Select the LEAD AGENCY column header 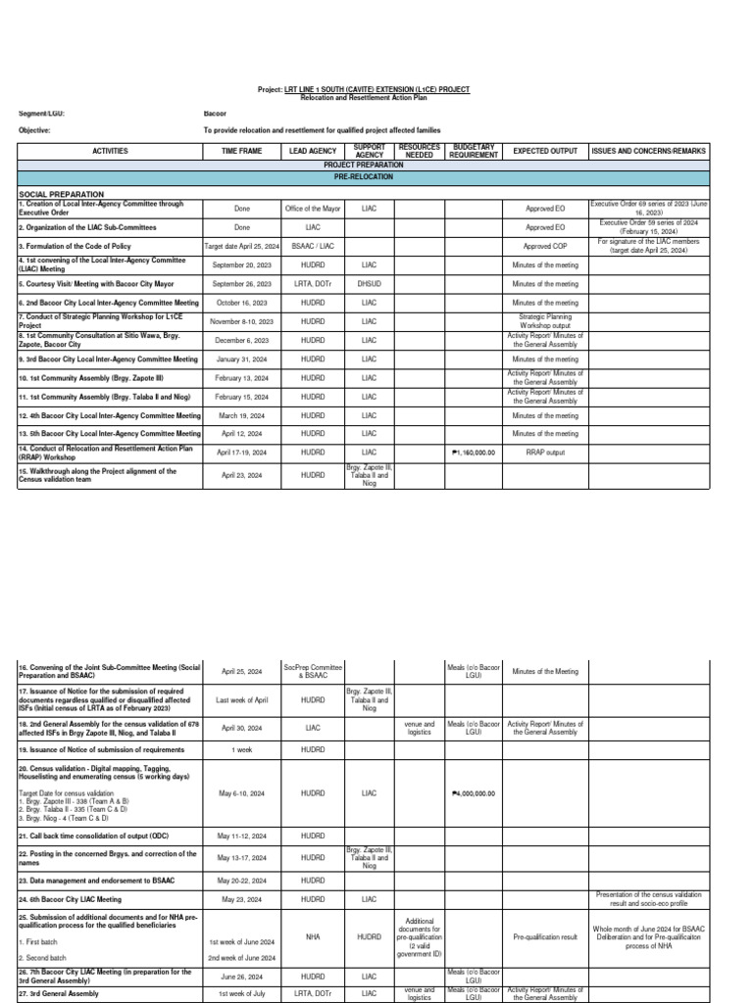point(313,152)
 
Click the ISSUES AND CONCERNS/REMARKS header point(647,152)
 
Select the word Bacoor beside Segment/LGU point(214,114)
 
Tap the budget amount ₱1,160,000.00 point(474,454)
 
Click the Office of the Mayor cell point(313,209)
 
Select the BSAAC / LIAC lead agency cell point(313,247)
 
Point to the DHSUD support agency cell point(369,284)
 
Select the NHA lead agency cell point(313,936)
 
